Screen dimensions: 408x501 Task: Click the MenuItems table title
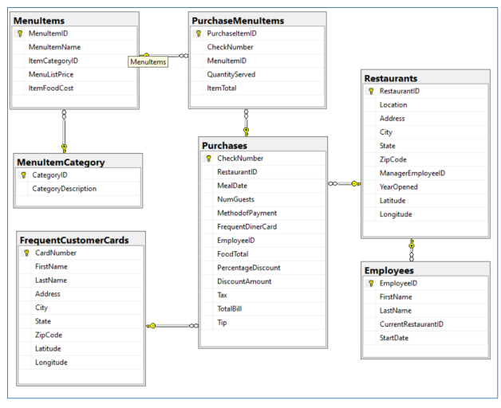pos(40,19)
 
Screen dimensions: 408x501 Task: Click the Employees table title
pos(391,270)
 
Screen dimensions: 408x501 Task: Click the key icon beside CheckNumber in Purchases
pos(207,158)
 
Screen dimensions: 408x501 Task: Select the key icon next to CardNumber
pos(27,253)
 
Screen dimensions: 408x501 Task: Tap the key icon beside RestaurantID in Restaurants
pos(371,92)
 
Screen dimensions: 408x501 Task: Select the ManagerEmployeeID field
pos(412,173)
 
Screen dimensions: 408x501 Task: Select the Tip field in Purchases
pos(223,322)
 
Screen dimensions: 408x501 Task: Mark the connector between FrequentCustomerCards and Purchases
pos(172,325)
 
